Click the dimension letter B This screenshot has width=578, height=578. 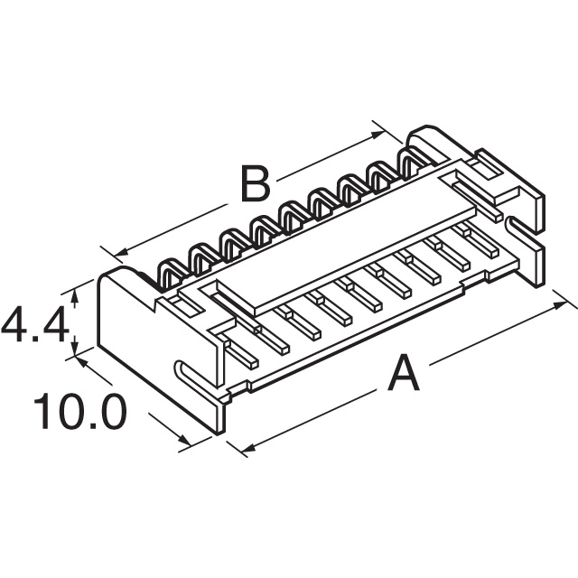point(256,185)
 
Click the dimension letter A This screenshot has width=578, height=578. point(403,374)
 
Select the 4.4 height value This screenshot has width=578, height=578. point(34,325)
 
